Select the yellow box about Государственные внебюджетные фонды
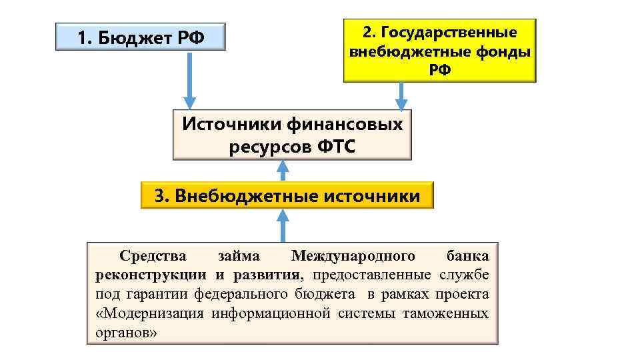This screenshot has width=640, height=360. pos(439,51)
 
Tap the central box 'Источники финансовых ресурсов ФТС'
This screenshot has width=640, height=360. pos(292,135)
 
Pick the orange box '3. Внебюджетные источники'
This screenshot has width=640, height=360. pos(287,195)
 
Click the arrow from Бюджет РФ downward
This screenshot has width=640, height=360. pos(190,80)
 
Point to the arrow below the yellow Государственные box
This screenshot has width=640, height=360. pos(401,96)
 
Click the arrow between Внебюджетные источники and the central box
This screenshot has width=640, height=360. pos(283,171)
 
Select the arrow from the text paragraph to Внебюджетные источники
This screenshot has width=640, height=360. pos(283,225)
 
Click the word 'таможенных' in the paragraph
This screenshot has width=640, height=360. pos(445,313)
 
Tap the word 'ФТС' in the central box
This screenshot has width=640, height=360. pos(332,146)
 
